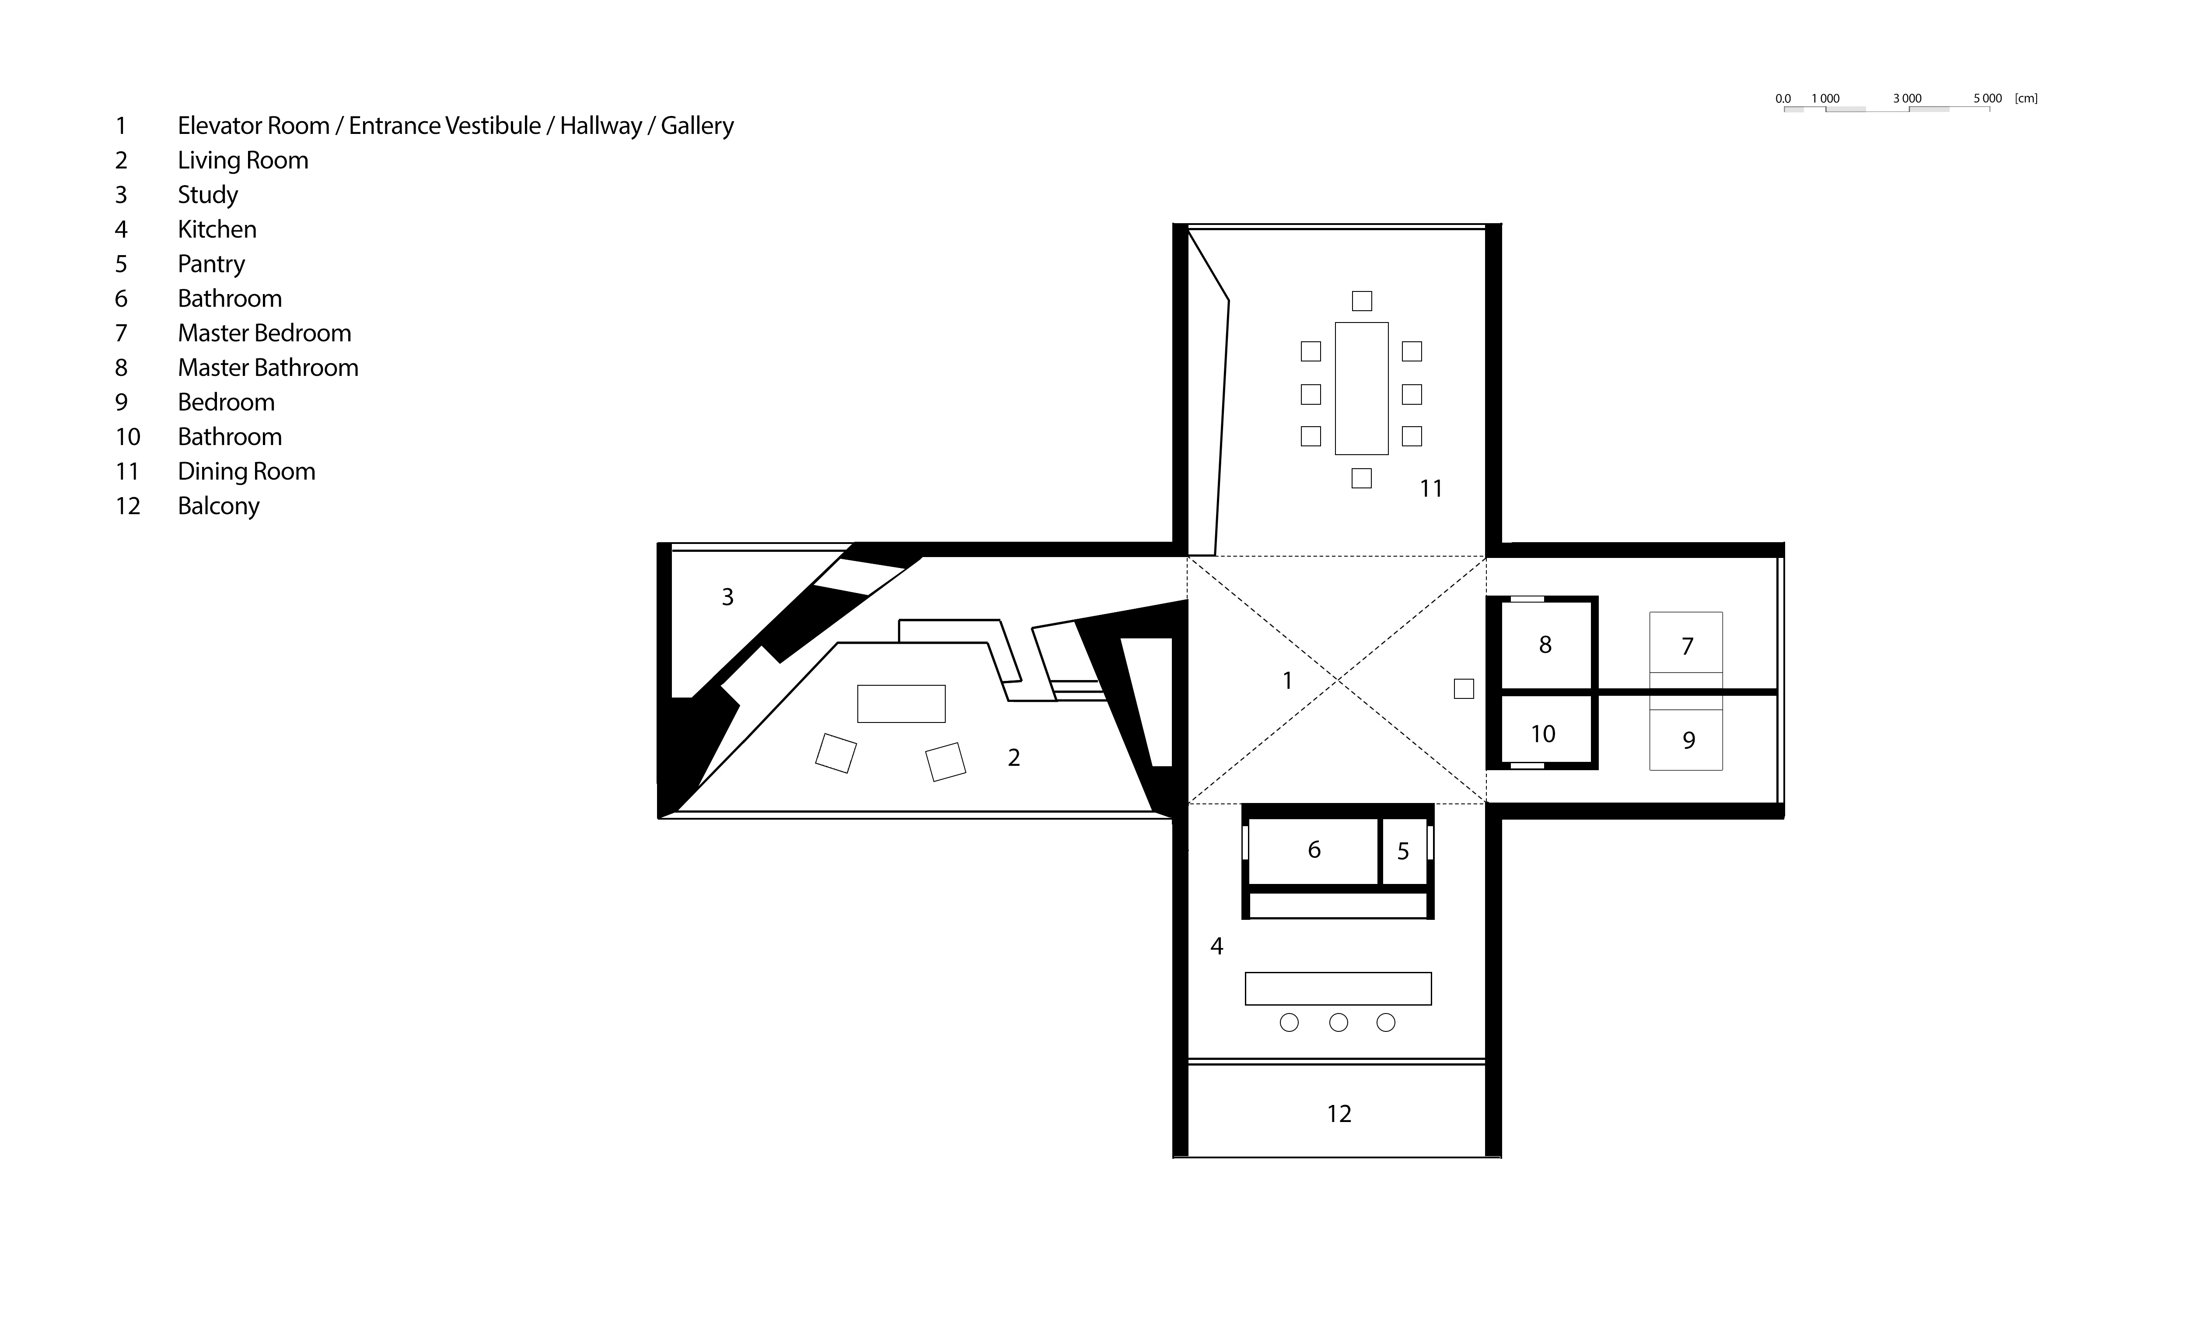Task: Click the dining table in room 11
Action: pyautogui.click(x=1361, y=389)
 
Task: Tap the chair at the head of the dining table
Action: pyautogui.click(x=1361, y=300)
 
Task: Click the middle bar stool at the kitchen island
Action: pyautogui.click(x=1338, y=1023)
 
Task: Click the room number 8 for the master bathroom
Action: pyautogui.click(x=1545, y=645)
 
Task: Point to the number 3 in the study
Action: pyautogui.click(x=727, y=597)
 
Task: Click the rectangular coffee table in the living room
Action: pyautogui.click(x=901, y=703)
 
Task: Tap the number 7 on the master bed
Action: pyautogui.click(x=1686, y=646)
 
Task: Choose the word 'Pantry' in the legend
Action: pyautogui.click(x=211, y=264)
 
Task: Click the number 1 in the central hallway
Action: pyautogui.click(x=1286, y=681)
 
